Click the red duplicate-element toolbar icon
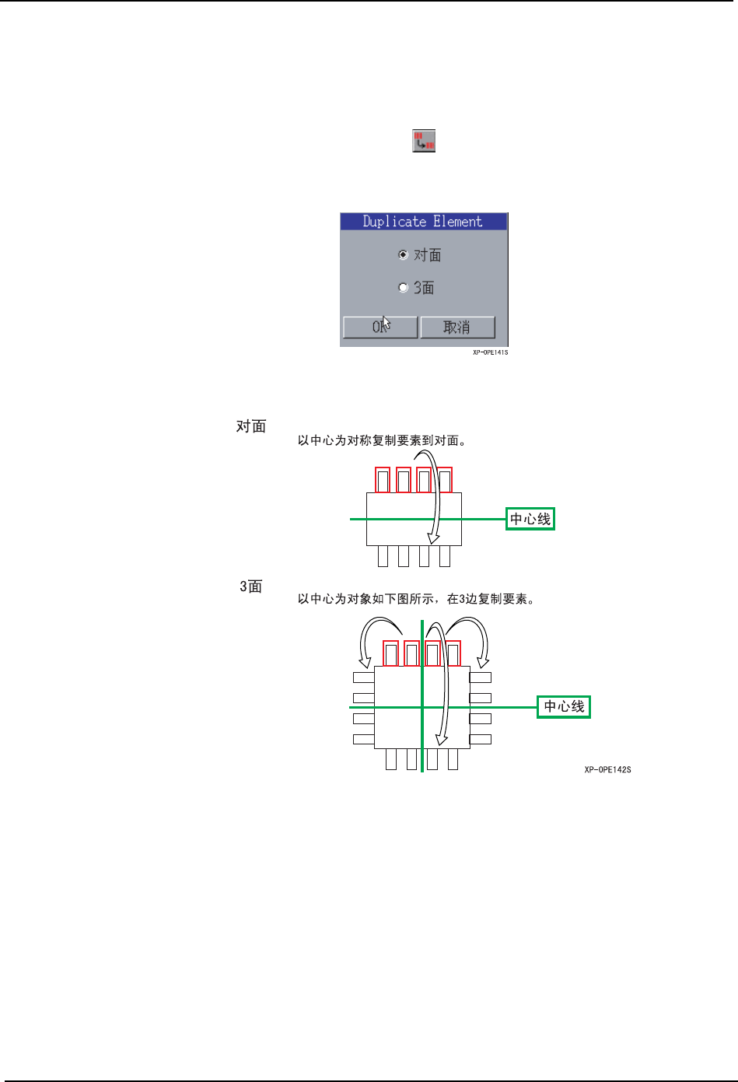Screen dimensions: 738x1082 tap(423, 141)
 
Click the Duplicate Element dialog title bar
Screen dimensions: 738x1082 tap(423, 222)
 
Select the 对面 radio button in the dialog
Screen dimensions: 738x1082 tap(403, 255)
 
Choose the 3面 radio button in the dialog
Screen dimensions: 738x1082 tap(403, 288)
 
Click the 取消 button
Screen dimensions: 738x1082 tap(457, 327)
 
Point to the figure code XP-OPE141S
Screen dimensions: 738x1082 tap(490, 352)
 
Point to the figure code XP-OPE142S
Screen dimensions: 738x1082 tap(607, 770)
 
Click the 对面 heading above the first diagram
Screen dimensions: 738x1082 tap(251, 426)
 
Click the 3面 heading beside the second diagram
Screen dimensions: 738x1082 tap(251, 587)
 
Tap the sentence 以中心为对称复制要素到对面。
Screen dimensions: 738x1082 tap(382, 441)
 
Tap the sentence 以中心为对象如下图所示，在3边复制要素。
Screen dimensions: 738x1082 tap(416, 599)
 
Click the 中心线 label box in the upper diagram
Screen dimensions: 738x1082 tap(530, 519)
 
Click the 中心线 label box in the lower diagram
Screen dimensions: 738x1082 tap(564, 706)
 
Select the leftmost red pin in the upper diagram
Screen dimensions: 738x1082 tap(383, 480)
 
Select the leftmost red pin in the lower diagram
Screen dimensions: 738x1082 tap(391, 653)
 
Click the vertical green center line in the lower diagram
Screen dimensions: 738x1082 tap(422, 731)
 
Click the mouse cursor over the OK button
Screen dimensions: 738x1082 tap(385, 323)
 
